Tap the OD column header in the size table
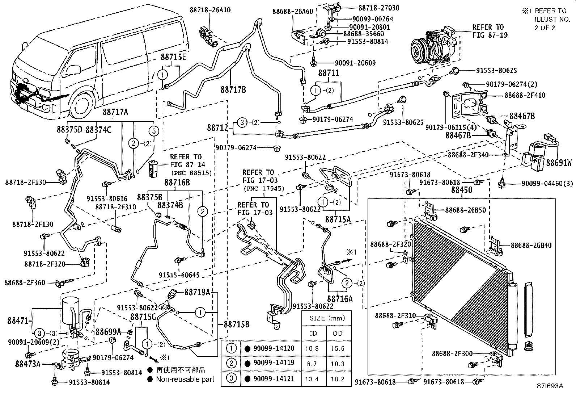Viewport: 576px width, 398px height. click(338, 333)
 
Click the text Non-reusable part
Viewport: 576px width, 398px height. click(185, 380)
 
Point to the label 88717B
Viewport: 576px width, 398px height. click(233, 89)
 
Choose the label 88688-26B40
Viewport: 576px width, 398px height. click(531, 245)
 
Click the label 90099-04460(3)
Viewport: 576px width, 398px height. click(547, 184)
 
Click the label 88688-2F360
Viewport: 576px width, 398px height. click(25, 282)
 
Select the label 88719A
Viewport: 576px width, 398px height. click(198, 292)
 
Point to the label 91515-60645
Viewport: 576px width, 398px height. click(179, 275)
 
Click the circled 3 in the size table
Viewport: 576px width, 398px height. click(231, 378)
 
